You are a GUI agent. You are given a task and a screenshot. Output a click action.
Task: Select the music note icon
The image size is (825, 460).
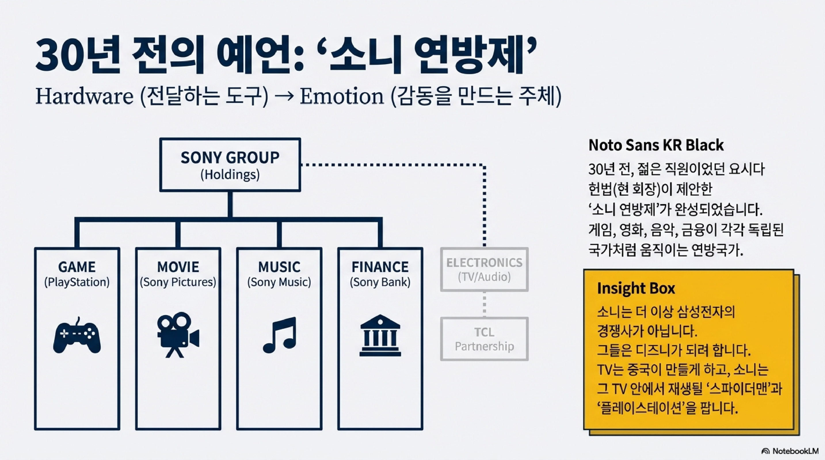(280, 335)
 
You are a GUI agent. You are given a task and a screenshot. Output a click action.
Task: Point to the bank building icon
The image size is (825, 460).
(380, 336)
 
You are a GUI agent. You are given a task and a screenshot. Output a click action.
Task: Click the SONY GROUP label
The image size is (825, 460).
(230, 157)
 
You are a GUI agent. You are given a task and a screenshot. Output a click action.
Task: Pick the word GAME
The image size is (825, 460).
(77, 267)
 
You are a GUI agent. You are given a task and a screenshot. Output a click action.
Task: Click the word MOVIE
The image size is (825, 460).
(178, 267)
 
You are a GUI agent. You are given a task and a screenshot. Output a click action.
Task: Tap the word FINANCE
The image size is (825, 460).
(380, 267)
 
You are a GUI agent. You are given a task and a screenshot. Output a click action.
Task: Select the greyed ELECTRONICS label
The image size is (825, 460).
(484, 262)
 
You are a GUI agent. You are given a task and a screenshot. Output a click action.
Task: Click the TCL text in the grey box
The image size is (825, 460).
(484, 332)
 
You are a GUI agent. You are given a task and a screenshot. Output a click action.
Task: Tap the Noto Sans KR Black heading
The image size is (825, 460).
(656, 145)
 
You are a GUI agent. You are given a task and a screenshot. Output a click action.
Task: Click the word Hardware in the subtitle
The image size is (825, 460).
(84, 96)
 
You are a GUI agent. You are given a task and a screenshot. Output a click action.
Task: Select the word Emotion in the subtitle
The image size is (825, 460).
(341, 96)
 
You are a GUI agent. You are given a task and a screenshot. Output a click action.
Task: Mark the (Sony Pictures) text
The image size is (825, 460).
(178, 282)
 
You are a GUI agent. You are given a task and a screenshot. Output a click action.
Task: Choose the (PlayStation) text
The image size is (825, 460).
(77, 282)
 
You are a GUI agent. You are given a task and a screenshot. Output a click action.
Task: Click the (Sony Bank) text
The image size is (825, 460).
(380, 282)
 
